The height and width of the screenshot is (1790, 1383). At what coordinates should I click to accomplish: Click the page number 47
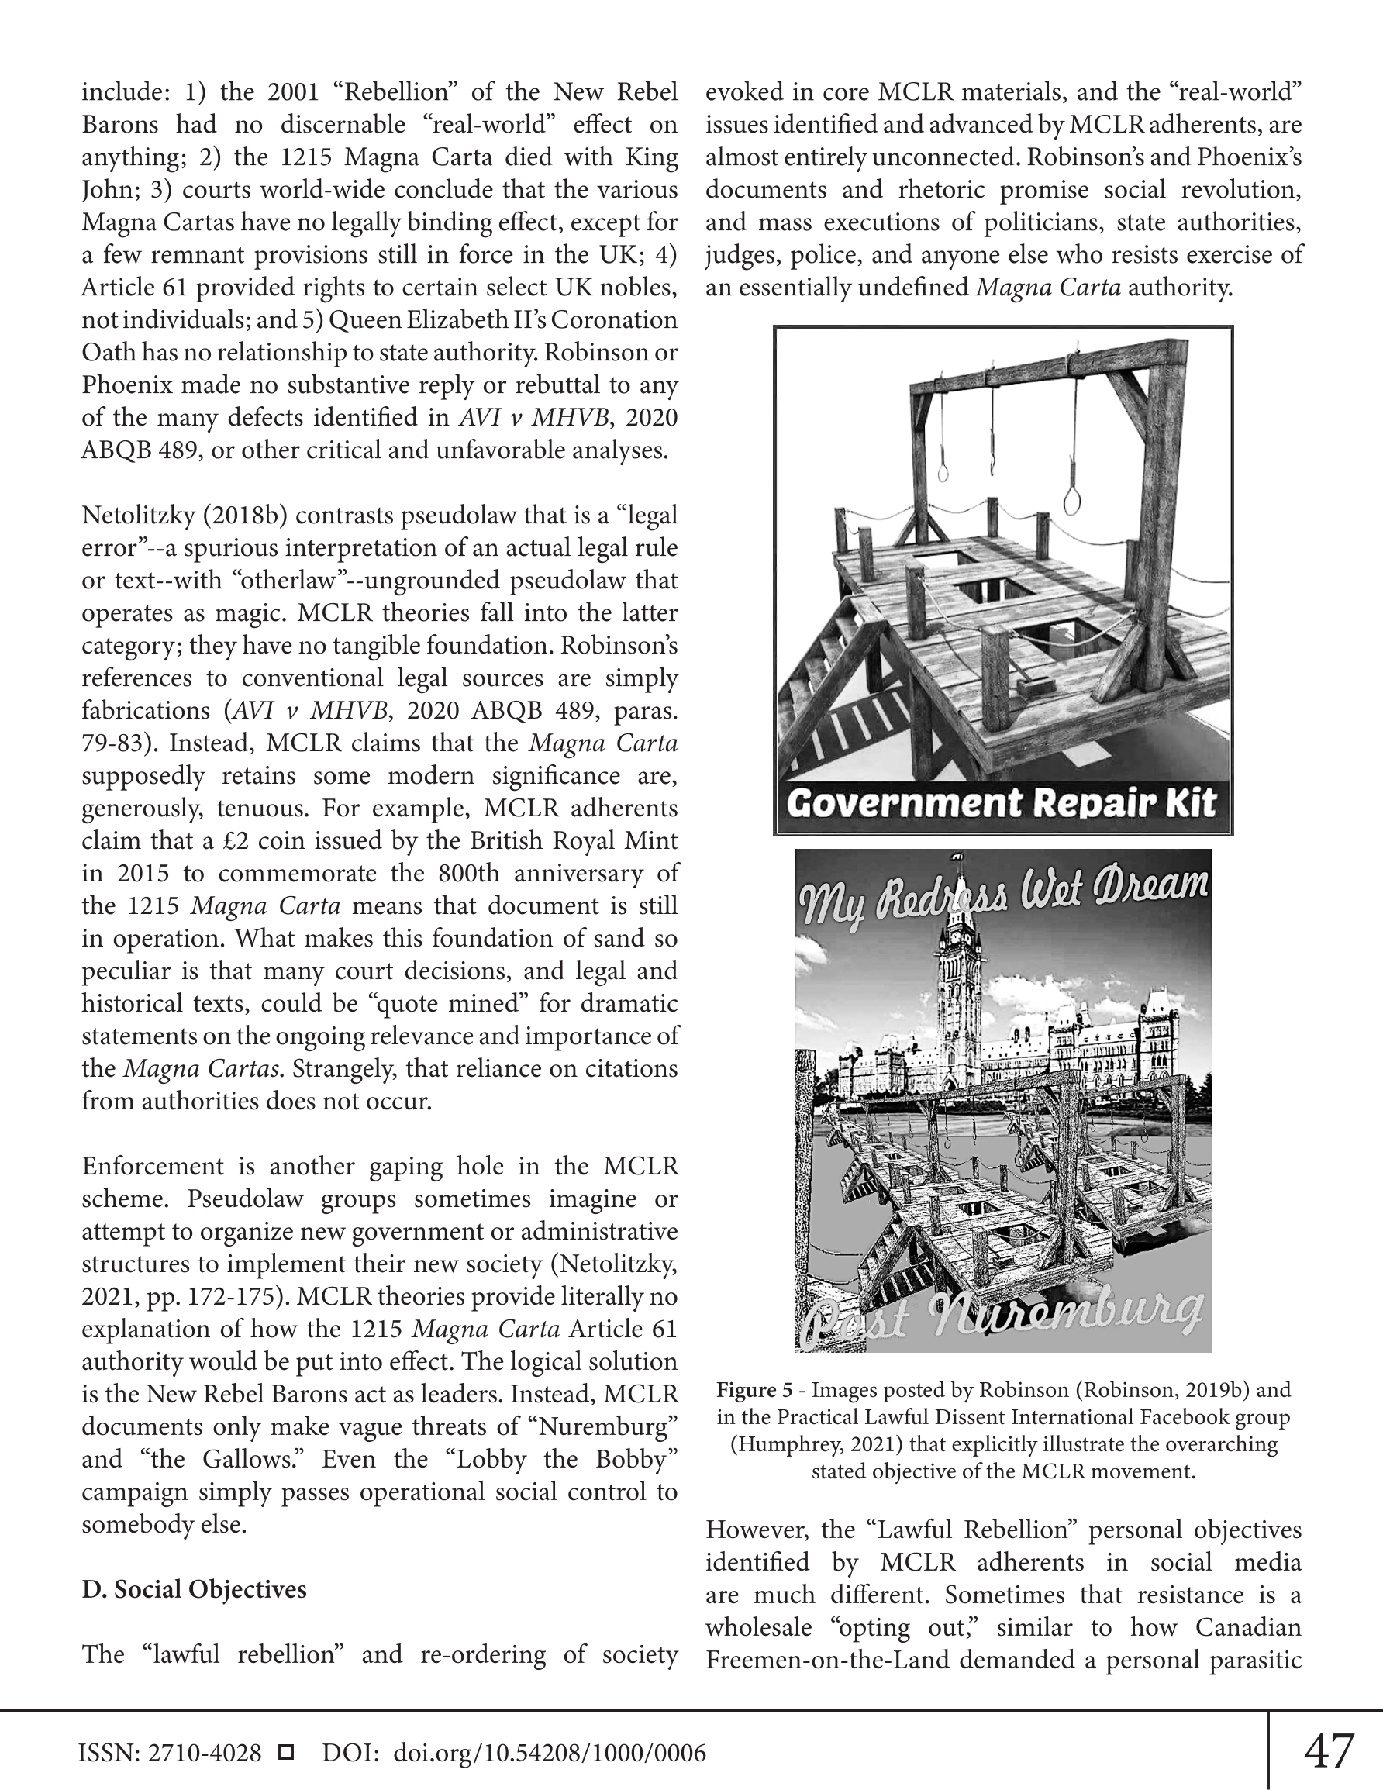click(1329, 1750)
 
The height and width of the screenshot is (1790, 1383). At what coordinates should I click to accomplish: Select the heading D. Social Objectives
click(194, 1589)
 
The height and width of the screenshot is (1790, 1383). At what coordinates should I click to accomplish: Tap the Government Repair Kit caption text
click(1001, 802)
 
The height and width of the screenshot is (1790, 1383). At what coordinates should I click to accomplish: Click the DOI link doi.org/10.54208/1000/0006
click(550, 1753)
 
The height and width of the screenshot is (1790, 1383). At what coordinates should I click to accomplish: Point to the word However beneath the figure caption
click(756, 1530)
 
